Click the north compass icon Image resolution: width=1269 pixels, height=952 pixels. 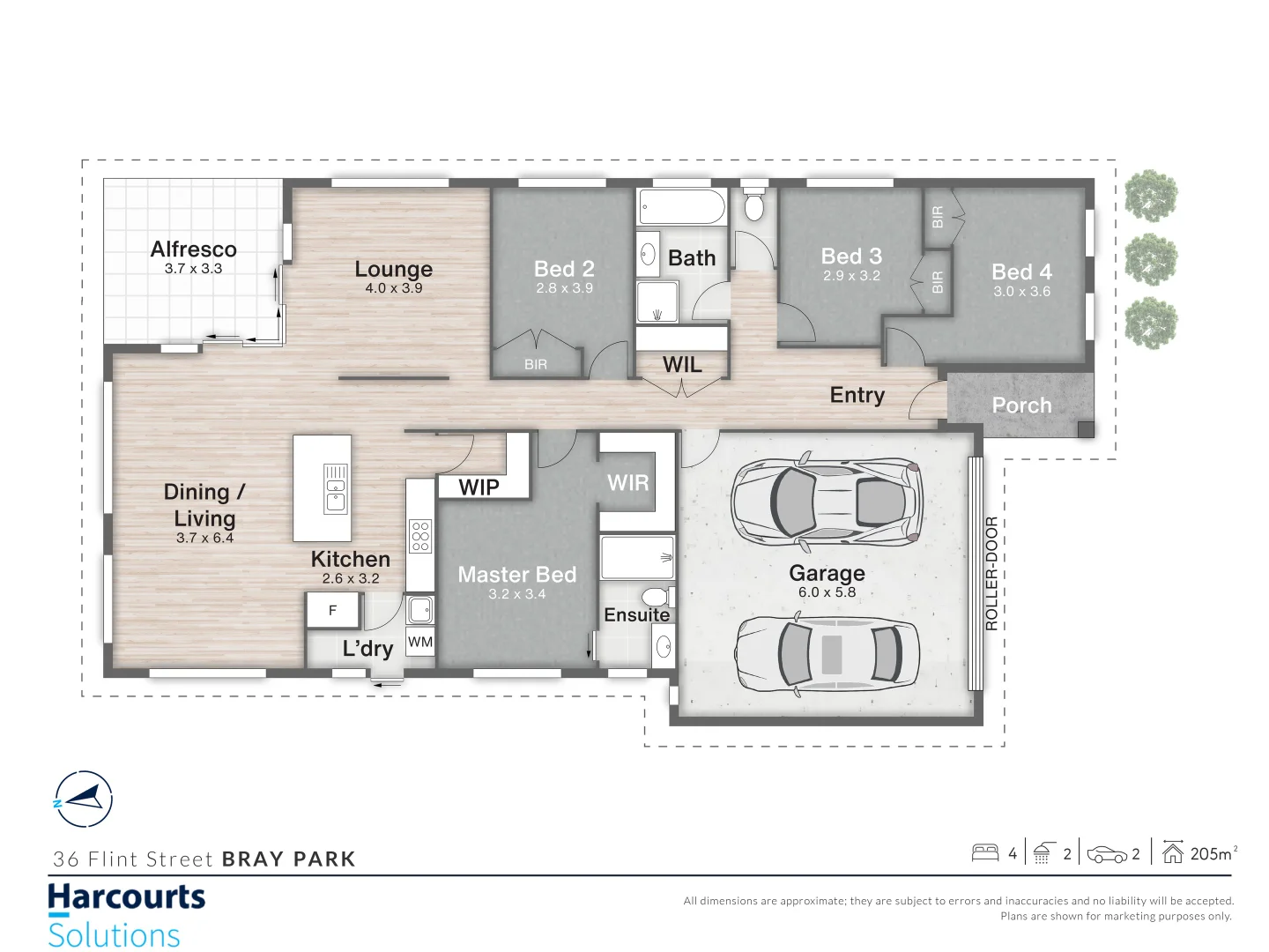[x=83, y=800]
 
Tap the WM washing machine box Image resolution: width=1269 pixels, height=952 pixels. [x=420, y=642]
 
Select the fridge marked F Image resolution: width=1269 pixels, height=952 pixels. [x=333, y=610]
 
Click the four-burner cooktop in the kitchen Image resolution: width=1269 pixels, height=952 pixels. [x=420, y=536]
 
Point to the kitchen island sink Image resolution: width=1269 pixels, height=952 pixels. [x=336, y=488]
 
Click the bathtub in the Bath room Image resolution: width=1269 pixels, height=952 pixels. [x=681, y=207]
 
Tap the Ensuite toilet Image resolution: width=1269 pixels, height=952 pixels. [x=657, y=596]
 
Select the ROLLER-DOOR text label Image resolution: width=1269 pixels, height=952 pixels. [x=991, y=573]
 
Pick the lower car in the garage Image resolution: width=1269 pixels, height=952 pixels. [x=827, y=654]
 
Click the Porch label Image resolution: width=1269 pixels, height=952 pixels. [x=1021, y=405]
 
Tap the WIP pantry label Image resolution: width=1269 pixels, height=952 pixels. [x=479, y=487]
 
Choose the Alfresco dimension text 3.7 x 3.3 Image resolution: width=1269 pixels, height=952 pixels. [x=193, y=269]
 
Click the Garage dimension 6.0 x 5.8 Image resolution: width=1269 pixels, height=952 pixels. [x=827, y=592]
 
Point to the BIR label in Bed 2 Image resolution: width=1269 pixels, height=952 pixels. [x=536, y=364]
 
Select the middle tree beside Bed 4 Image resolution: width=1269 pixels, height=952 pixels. [x=1151, y=259]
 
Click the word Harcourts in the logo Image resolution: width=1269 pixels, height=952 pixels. [x=126, y=897]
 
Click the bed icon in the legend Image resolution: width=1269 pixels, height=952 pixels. [x=984, y=852]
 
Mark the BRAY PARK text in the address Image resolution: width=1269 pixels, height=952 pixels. [x=288, y=859]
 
